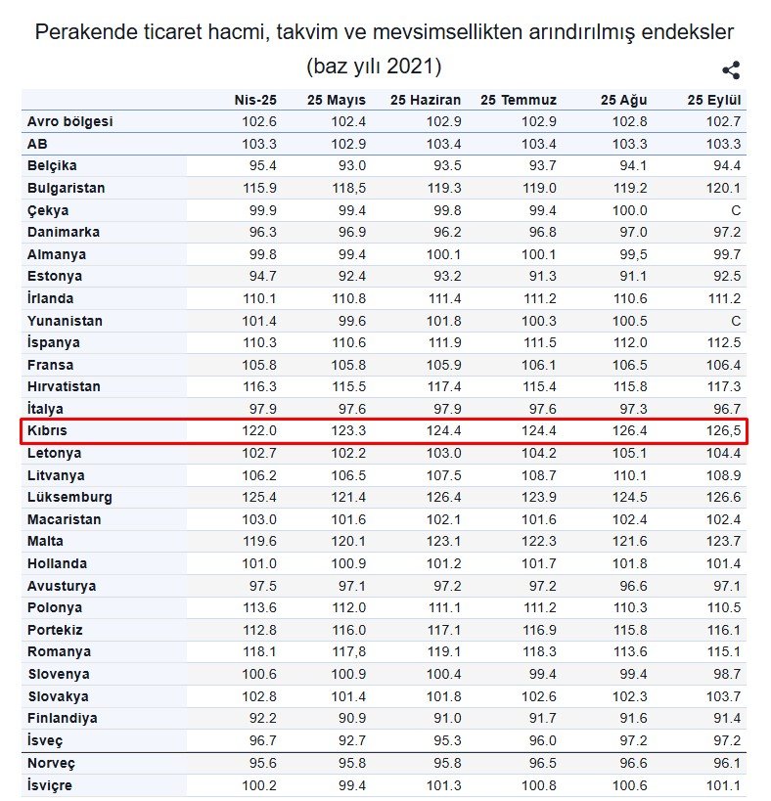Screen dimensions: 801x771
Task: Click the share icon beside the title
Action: tap(730, 70)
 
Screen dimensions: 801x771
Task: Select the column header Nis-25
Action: tap(255, 100)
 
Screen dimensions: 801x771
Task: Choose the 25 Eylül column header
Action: tap(713, 100)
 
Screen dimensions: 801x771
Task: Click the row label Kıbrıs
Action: tap(48, 430)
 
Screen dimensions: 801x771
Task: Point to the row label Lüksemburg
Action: tap(69, 497)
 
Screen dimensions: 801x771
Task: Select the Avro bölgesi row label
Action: tap(70, 121)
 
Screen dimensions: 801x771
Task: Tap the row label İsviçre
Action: tap(50, 784)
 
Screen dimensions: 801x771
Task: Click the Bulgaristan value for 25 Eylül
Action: tap(725, 188)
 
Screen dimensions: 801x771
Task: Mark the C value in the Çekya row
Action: tap(735, 210)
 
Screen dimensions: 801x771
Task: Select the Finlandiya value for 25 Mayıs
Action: tap(349, 718)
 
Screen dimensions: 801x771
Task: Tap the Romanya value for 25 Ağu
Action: tap(629, 651)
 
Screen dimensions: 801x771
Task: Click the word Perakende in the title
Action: tap(82, 31)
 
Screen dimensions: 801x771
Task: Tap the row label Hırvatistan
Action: tap(65, 386)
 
